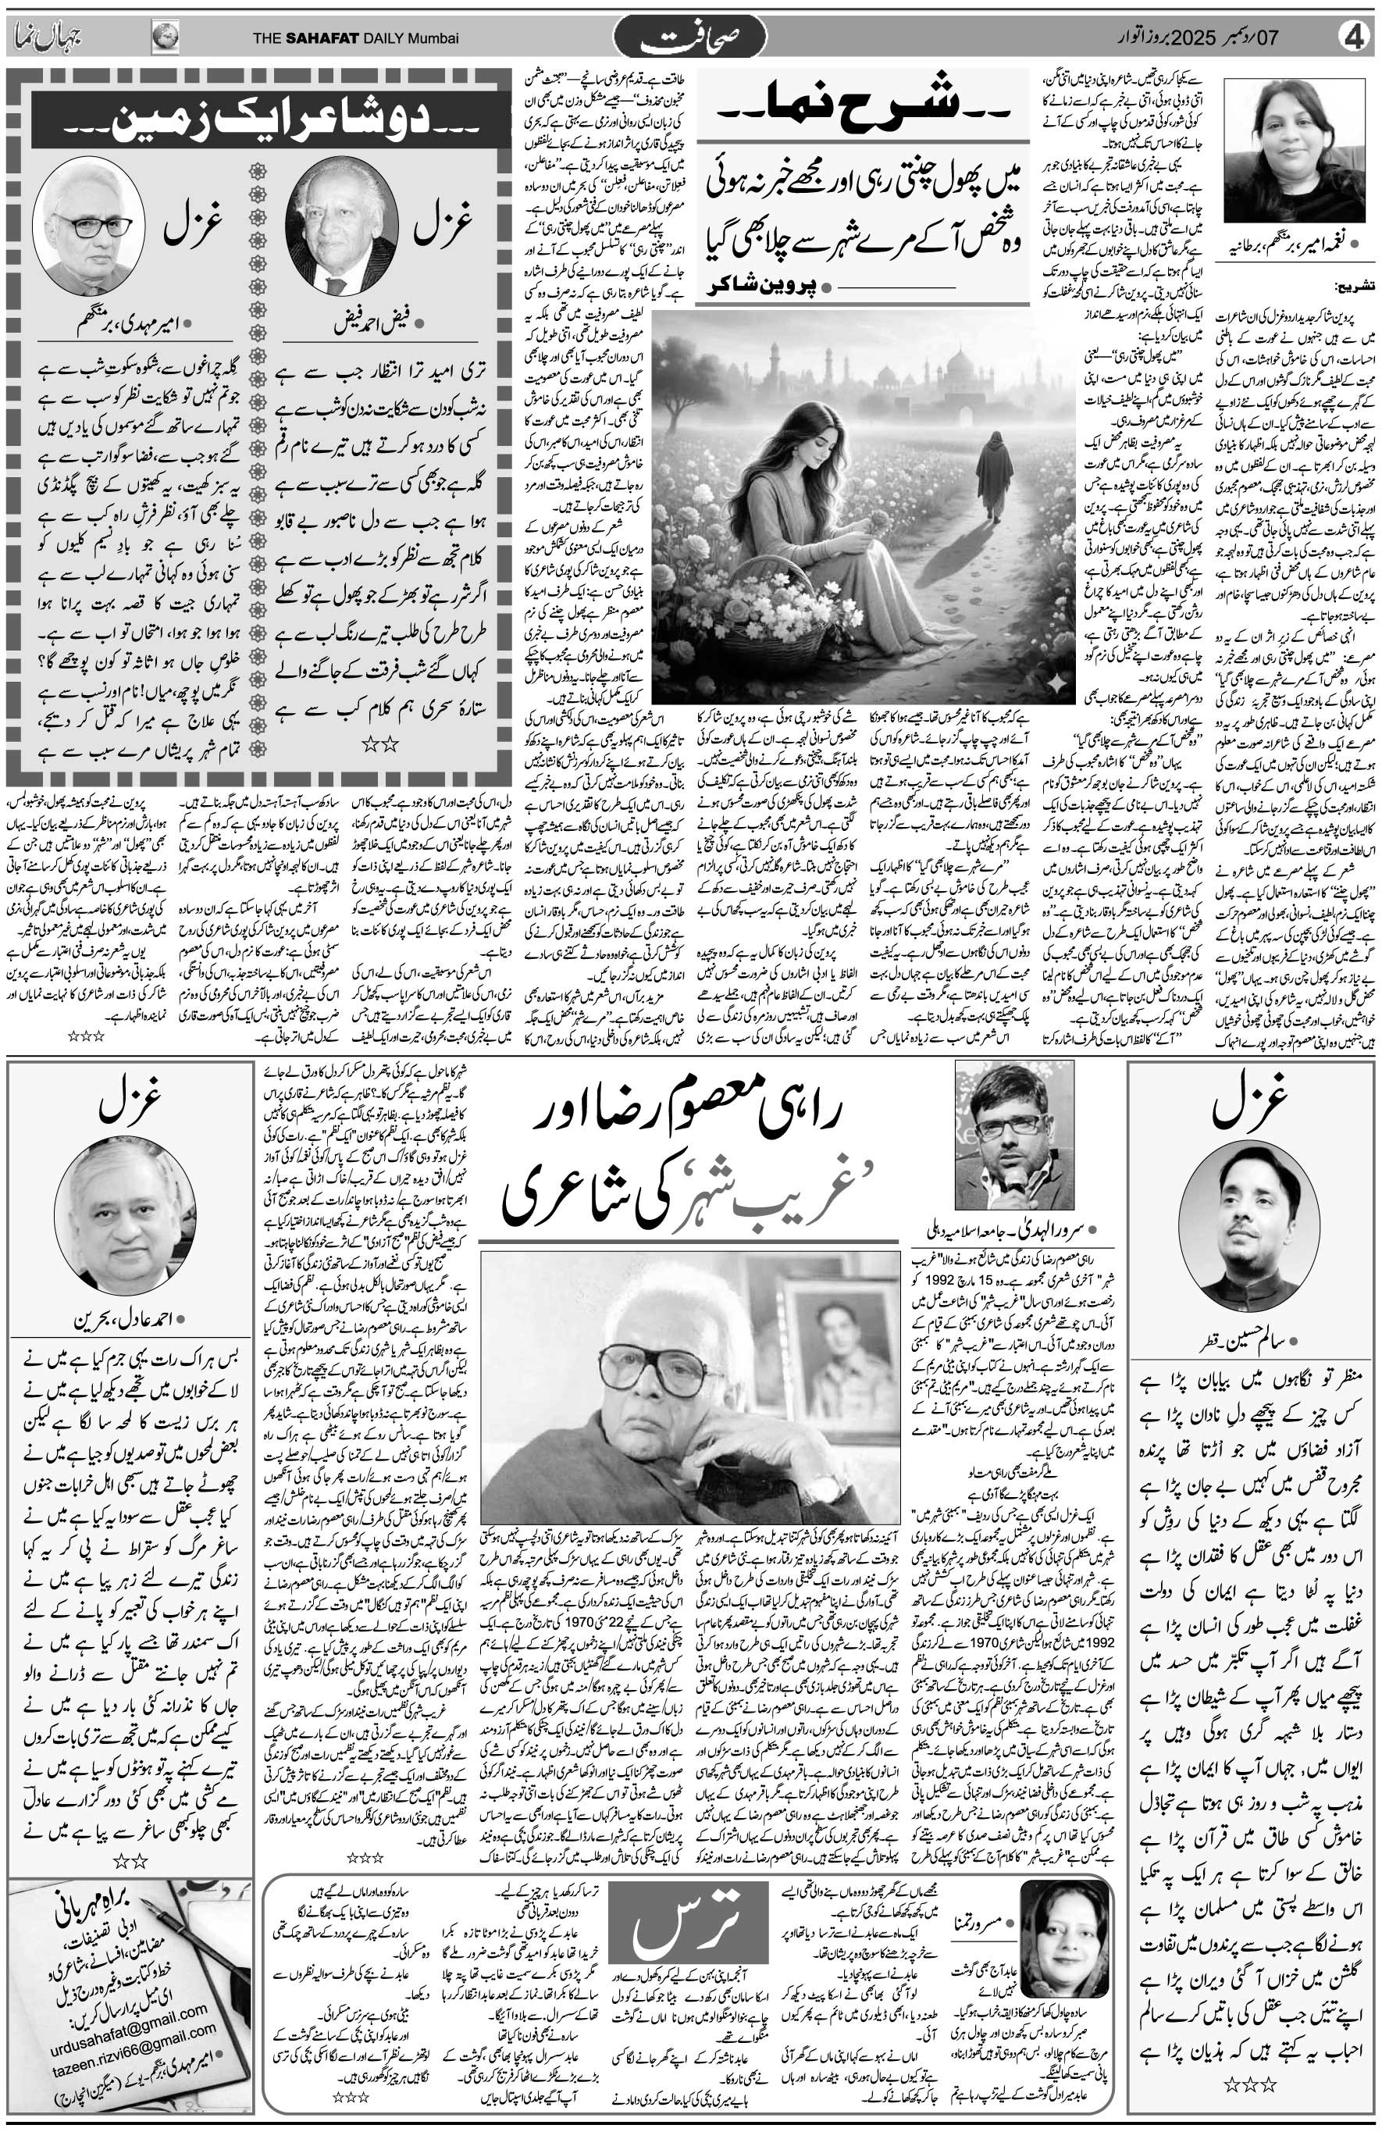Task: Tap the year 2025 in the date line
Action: [1229, 38]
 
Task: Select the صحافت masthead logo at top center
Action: [689, 41]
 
